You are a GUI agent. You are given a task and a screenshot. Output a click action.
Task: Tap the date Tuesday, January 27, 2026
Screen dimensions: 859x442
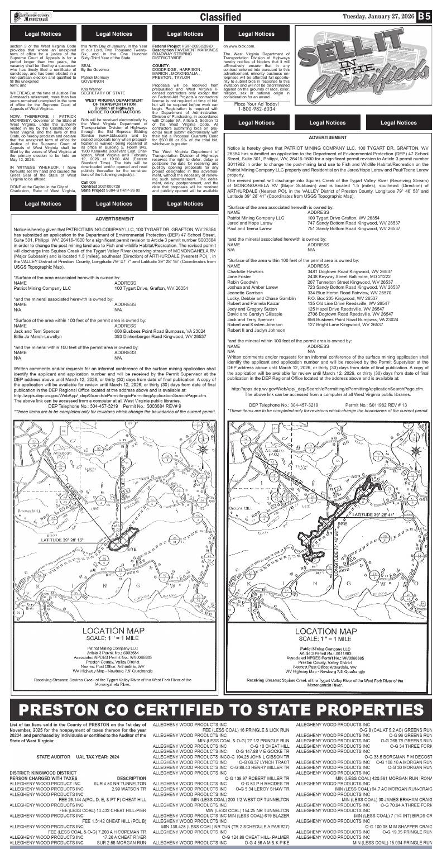pos(379,16)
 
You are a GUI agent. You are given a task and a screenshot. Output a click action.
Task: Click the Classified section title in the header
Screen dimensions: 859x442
pos(220,17)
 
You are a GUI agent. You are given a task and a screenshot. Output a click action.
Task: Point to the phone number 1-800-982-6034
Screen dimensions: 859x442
pos(256,109)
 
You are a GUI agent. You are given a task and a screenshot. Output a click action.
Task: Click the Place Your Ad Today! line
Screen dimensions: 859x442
pos(256,104)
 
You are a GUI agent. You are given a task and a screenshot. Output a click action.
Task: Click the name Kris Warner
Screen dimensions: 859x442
pos(93,88)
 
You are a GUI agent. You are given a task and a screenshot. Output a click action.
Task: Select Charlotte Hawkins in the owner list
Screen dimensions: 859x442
pos(246,271)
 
